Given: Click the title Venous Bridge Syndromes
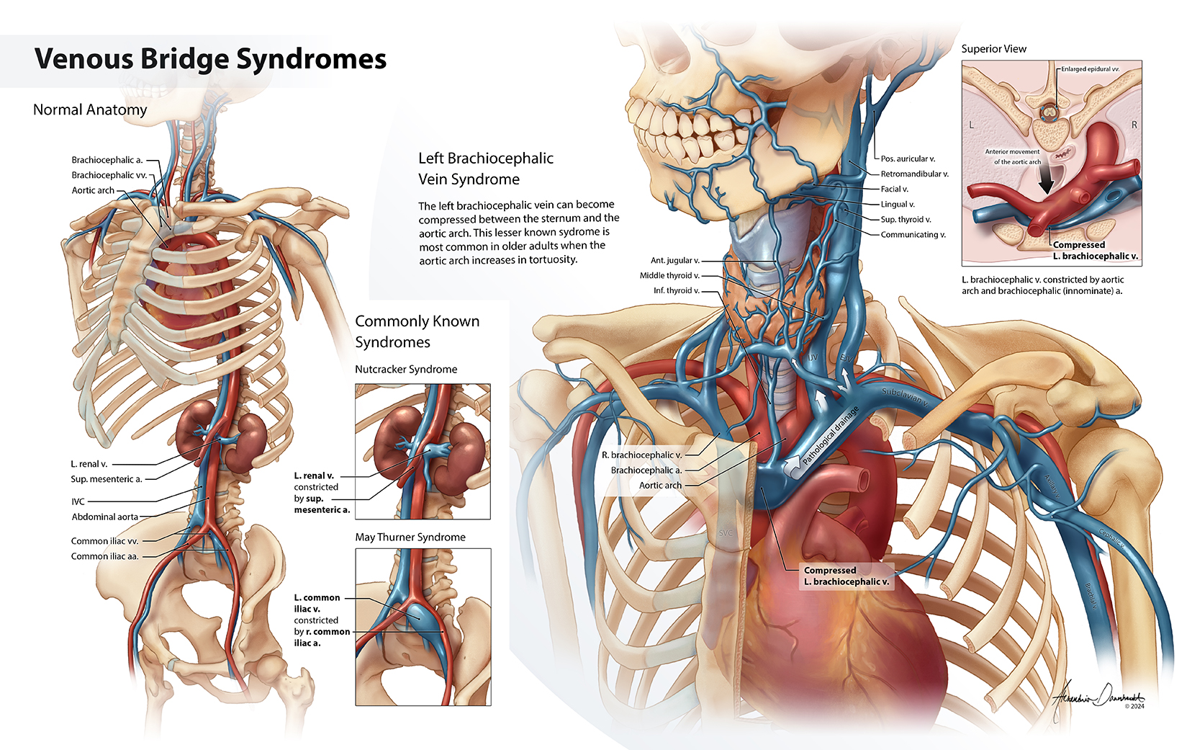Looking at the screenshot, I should coord(210,59).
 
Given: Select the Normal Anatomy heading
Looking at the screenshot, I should coord(90,110).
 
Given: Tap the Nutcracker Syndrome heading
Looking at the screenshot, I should coord(406,369).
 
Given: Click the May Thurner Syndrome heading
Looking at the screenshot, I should coord(410,537).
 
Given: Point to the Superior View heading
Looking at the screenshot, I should coord(993,49).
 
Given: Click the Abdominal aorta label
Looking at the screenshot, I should coord(104,517).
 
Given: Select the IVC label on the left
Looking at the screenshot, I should coord(78,501).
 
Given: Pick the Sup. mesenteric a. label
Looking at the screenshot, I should coord(107,479).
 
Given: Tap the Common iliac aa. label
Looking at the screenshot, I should coord(104,556).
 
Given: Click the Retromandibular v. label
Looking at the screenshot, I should coord(914,174).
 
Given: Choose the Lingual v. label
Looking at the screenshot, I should coord(898,204).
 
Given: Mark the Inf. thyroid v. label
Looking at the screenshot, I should coord(676,290).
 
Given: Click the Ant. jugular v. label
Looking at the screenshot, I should coord(674,260).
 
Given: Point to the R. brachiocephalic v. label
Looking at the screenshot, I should coord(641,455).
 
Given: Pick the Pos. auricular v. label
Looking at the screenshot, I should coord(908,159).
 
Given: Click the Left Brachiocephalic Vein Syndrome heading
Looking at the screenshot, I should coord(486,169).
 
